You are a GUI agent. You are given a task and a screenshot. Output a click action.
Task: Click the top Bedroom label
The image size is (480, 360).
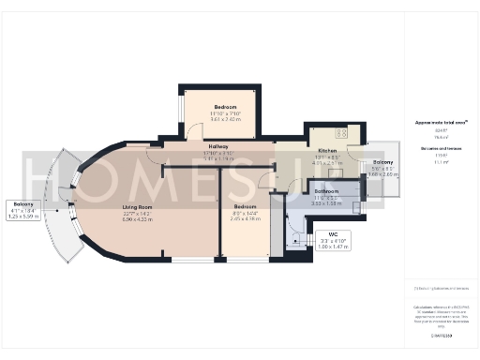click(225, 107)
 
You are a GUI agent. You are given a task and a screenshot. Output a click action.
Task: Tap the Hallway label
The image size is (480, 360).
click(218, 147)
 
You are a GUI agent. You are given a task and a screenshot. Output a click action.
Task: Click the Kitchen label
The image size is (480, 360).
click(327, 151)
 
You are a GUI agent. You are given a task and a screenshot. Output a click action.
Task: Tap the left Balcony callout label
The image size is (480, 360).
click(22, 204)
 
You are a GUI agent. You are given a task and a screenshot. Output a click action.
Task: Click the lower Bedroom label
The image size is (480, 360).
click(245, 206)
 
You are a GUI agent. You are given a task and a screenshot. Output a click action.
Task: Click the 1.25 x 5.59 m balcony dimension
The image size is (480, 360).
click(22, 217)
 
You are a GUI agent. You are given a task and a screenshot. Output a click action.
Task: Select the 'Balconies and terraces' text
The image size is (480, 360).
click(434, 149)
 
